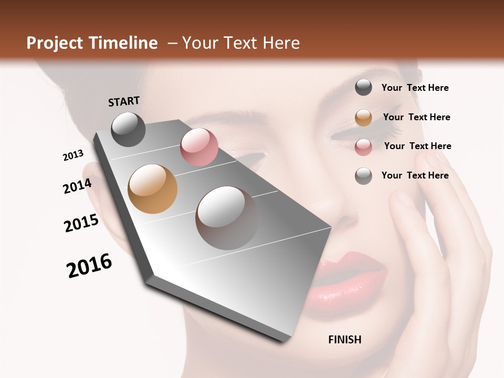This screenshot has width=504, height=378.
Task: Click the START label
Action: (124, 101)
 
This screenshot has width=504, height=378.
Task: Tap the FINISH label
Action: (344, 340)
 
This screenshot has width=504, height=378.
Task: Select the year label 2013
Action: (73, 155)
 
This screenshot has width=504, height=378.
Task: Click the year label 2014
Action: (77, 186)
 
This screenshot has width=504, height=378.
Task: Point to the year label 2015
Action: (81, 223)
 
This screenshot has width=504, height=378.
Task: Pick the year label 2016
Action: (89, 266)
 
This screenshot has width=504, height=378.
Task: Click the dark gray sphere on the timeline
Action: (128, 129)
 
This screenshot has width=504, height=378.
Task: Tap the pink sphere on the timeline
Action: (199, 147)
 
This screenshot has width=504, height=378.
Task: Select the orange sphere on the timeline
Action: (153, 189)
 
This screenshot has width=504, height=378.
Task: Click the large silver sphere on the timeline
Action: (227, 217)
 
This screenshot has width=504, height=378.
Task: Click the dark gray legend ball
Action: (363, 87)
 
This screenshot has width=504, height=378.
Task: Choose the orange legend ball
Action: (363, 118)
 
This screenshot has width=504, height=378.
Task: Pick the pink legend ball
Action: (363, 147)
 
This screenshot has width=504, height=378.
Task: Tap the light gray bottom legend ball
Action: (363, 176)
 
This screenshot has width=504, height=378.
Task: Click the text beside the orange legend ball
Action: (416, 117)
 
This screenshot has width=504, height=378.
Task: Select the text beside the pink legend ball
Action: (417, 146)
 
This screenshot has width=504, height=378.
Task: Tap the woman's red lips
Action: (349, 283)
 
